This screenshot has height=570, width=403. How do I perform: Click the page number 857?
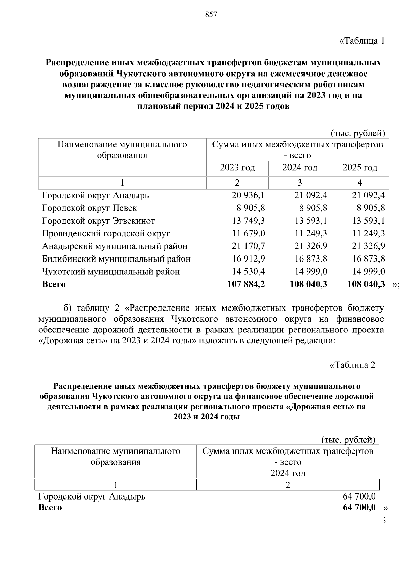[211, 15]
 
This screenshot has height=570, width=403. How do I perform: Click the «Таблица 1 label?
[361, 41]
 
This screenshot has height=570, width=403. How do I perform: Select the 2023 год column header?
[237, 167]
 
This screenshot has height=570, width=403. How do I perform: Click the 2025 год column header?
[360, 167]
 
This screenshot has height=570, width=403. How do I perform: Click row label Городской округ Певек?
[89, 208]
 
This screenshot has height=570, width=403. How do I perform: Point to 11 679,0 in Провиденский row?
[248, 234]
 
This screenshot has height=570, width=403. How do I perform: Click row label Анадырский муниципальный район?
[115, 246]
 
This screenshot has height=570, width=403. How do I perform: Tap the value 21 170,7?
[248, 246]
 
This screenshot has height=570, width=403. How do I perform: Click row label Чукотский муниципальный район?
[111, 272]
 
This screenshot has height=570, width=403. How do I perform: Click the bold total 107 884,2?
[246, 284]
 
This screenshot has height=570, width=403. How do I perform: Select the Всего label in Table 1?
[54, 284]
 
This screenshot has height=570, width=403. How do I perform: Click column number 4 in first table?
[360, 183]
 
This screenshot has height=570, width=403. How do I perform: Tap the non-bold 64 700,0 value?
[359, 496]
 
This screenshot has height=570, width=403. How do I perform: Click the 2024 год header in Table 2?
[288, 473]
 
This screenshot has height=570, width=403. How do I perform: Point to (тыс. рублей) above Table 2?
[348, 440]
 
